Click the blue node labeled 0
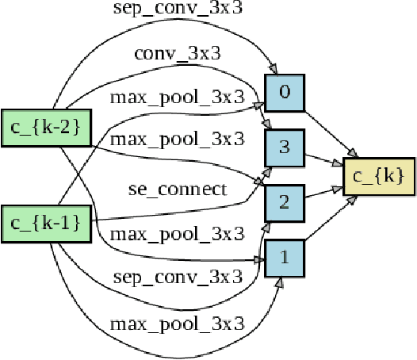285,92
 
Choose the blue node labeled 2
285,202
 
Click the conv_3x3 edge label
177,54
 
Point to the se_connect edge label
177,189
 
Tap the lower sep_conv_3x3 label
177,277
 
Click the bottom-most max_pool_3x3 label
177,324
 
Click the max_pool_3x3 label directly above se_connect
177,140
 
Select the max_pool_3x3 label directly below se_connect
177,234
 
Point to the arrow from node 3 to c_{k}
325,159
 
